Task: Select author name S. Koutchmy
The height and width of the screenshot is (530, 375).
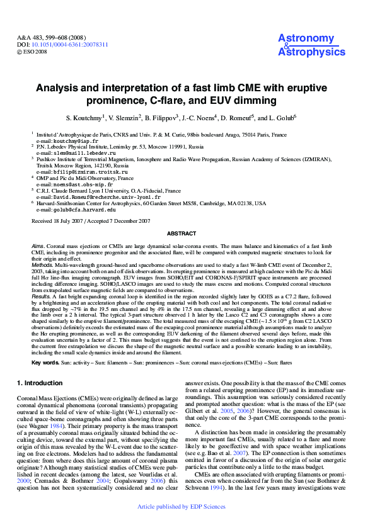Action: (101, 118)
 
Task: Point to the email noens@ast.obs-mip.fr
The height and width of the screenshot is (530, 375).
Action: (75, 184)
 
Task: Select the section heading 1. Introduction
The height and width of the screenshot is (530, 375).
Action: (39, 382)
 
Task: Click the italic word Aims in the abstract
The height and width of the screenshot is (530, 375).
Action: (37, 244)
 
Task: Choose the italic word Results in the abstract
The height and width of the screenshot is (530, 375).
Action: (40, 295)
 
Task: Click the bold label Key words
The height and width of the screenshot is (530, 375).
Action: (45, 363)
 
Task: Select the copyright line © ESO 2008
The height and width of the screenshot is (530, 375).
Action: (32, 52)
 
